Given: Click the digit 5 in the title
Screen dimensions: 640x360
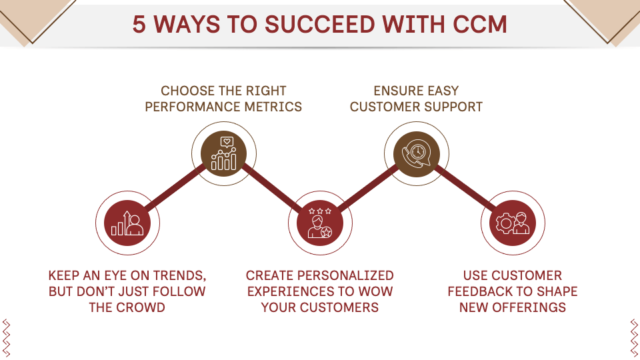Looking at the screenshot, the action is tap(139, 24).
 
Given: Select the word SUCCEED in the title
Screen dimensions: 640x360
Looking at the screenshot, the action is tap(321, 24).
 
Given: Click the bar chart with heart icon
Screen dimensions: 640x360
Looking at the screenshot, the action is tap(224, 154).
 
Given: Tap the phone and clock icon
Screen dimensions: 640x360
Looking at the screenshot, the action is tap(416, 154).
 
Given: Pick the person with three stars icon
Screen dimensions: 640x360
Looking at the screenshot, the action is tap(320, 223).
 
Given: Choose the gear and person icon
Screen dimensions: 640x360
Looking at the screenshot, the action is tap(513, 223).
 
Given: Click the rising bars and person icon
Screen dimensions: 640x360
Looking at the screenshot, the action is tap(127, 223).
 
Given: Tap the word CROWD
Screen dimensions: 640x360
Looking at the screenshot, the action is tap(141, 307).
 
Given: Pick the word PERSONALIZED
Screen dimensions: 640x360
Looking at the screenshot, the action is tap(345, 275).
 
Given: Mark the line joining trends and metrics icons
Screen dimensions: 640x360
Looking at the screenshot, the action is tap(175, 189).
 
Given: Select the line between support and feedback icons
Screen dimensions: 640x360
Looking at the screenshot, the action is tap(465, 189).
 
